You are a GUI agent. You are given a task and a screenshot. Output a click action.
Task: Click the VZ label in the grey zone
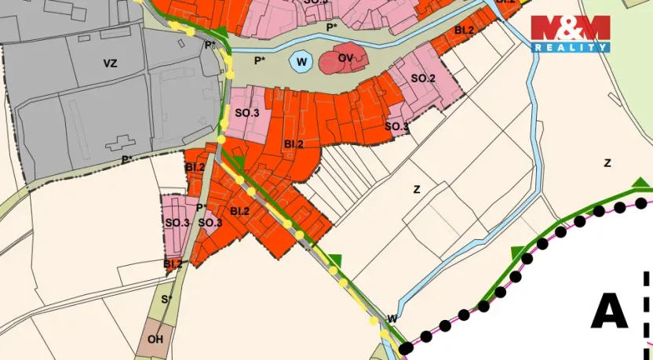click(109, 64)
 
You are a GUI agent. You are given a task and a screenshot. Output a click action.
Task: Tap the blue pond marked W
click(300, 61)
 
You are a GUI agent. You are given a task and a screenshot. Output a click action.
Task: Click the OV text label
click(345, 58)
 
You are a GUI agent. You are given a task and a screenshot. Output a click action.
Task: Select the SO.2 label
click(422, 78)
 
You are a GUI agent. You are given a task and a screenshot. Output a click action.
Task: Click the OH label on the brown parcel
click(155, 339)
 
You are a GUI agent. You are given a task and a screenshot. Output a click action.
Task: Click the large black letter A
click(609, 312)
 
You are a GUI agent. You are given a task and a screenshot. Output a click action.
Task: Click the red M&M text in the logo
click(570, 28)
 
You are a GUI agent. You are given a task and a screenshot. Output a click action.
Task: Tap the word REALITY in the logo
click(570, 47)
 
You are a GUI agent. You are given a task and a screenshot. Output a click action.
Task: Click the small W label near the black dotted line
click(392, 318)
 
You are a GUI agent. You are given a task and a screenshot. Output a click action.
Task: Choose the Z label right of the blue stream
click(607, 163)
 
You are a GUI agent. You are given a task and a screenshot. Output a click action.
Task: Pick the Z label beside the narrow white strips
click(417, 189)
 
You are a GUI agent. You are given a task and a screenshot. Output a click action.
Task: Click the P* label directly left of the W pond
click(260, 60)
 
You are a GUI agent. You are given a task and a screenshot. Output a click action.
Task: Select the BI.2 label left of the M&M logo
click(463, 31)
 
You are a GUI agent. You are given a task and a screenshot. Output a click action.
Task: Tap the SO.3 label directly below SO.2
click(396, 126)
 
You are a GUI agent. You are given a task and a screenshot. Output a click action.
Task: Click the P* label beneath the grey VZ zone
click(126, 160)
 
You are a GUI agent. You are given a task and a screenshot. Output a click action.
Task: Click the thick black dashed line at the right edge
click(646, 314)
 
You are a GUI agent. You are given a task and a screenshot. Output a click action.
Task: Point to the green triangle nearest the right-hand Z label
click(641, 184)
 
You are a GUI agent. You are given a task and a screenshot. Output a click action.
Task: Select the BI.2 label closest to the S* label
click(173, 264)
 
